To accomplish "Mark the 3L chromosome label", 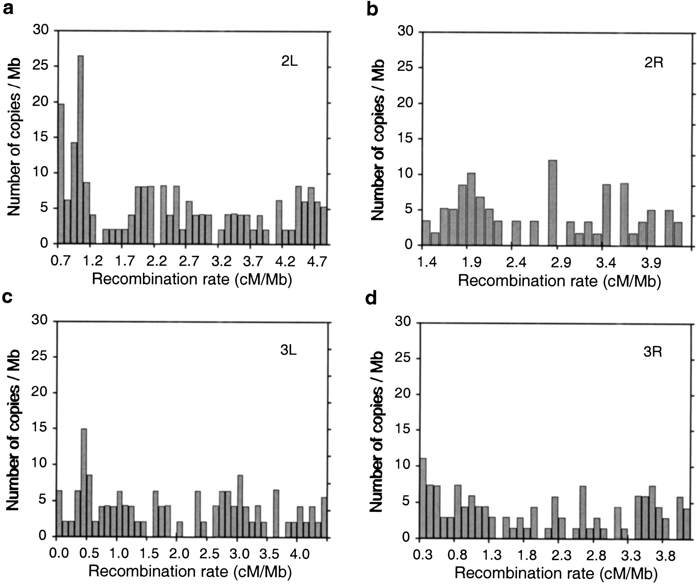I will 288,351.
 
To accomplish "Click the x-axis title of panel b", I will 559,281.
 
